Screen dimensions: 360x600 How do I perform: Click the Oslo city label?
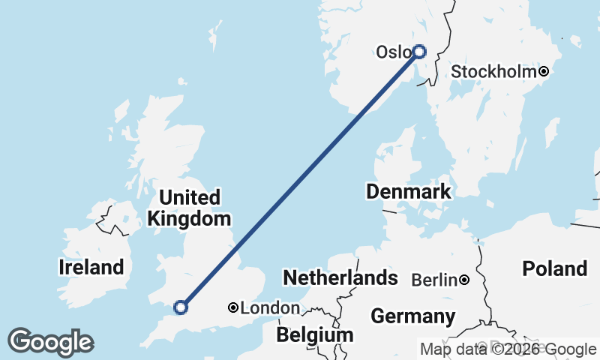tap(393, 52)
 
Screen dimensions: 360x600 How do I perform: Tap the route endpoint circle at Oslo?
tap(419, 52)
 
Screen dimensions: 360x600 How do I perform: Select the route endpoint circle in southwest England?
tap(180, 306)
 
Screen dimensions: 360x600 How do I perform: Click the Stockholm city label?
tap(494, 72)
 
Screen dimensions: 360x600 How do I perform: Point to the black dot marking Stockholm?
tap(544, 72)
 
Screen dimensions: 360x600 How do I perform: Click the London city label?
tap(270, 308)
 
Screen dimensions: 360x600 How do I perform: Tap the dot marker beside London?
tap(233, 307)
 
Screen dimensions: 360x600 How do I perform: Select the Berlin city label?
tap(435, 280)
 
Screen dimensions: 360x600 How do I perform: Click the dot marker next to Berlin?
tap(465, 280)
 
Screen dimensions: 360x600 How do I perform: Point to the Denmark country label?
tap(409, 191)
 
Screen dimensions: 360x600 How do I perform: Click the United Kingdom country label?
tap(190, 208)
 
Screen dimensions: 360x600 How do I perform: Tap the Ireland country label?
tap(91, 267)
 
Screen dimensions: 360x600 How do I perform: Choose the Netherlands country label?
tap(340, 278)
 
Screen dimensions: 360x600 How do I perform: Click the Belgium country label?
tap(314, 334)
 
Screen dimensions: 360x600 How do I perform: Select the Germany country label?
tap(412, 316)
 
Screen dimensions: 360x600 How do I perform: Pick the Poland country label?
tap(555, 268)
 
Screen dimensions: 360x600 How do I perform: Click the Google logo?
tap(50, 342)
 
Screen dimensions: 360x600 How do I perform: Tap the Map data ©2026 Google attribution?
tap(508, 349)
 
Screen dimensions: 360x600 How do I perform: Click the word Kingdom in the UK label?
tap(190, 219)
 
